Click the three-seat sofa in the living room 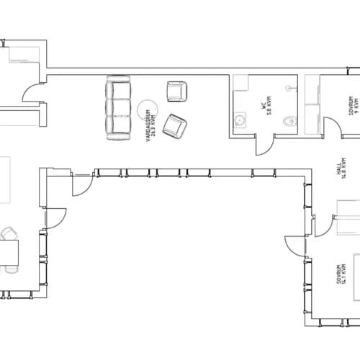tap(117, 108)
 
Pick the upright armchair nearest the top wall tap(176, 91)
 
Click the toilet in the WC tap(289, 122)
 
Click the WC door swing tap(265, 145)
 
